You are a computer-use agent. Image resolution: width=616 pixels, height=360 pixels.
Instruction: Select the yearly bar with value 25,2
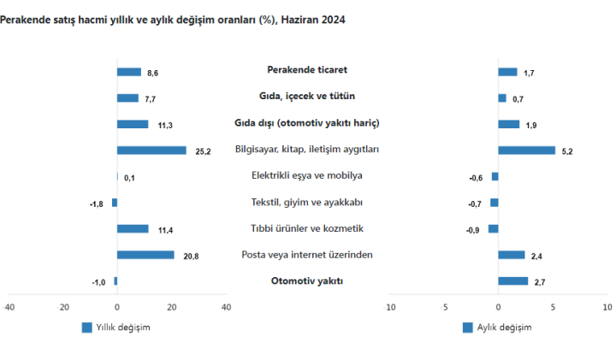pyautogui.click(x=151, y=150)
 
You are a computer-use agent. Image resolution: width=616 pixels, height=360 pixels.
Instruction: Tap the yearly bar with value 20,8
pyautogui.click(x=145, y=255)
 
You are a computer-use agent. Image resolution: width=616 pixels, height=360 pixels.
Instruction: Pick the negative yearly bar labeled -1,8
pyautogui.click(x=115, y=203)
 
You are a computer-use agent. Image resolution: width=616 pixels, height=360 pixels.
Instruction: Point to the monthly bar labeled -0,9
pyautogui.click(x=493, y=228)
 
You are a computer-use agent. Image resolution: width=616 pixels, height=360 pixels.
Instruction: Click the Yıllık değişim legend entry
pyautogui.click(x=116, y=328)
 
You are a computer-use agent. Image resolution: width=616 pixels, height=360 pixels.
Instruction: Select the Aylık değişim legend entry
pyautogui.click(x=497, y=328)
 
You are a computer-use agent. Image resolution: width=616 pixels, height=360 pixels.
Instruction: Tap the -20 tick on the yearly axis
pyautogui.click(x=62, y=307)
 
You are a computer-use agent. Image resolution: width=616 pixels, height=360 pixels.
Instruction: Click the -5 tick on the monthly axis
pyautogui.click(x=443, y=307)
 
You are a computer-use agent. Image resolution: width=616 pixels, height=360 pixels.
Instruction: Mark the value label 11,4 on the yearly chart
pyautogui.click(x=166, y=229)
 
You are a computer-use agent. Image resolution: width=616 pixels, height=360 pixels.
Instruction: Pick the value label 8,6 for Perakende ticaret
pyautogui.click(x=152, y=73)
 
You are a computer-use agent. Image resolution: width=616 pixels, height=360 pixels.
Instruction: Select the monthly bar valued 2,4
pyautogui.click(x=511, y=255)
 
